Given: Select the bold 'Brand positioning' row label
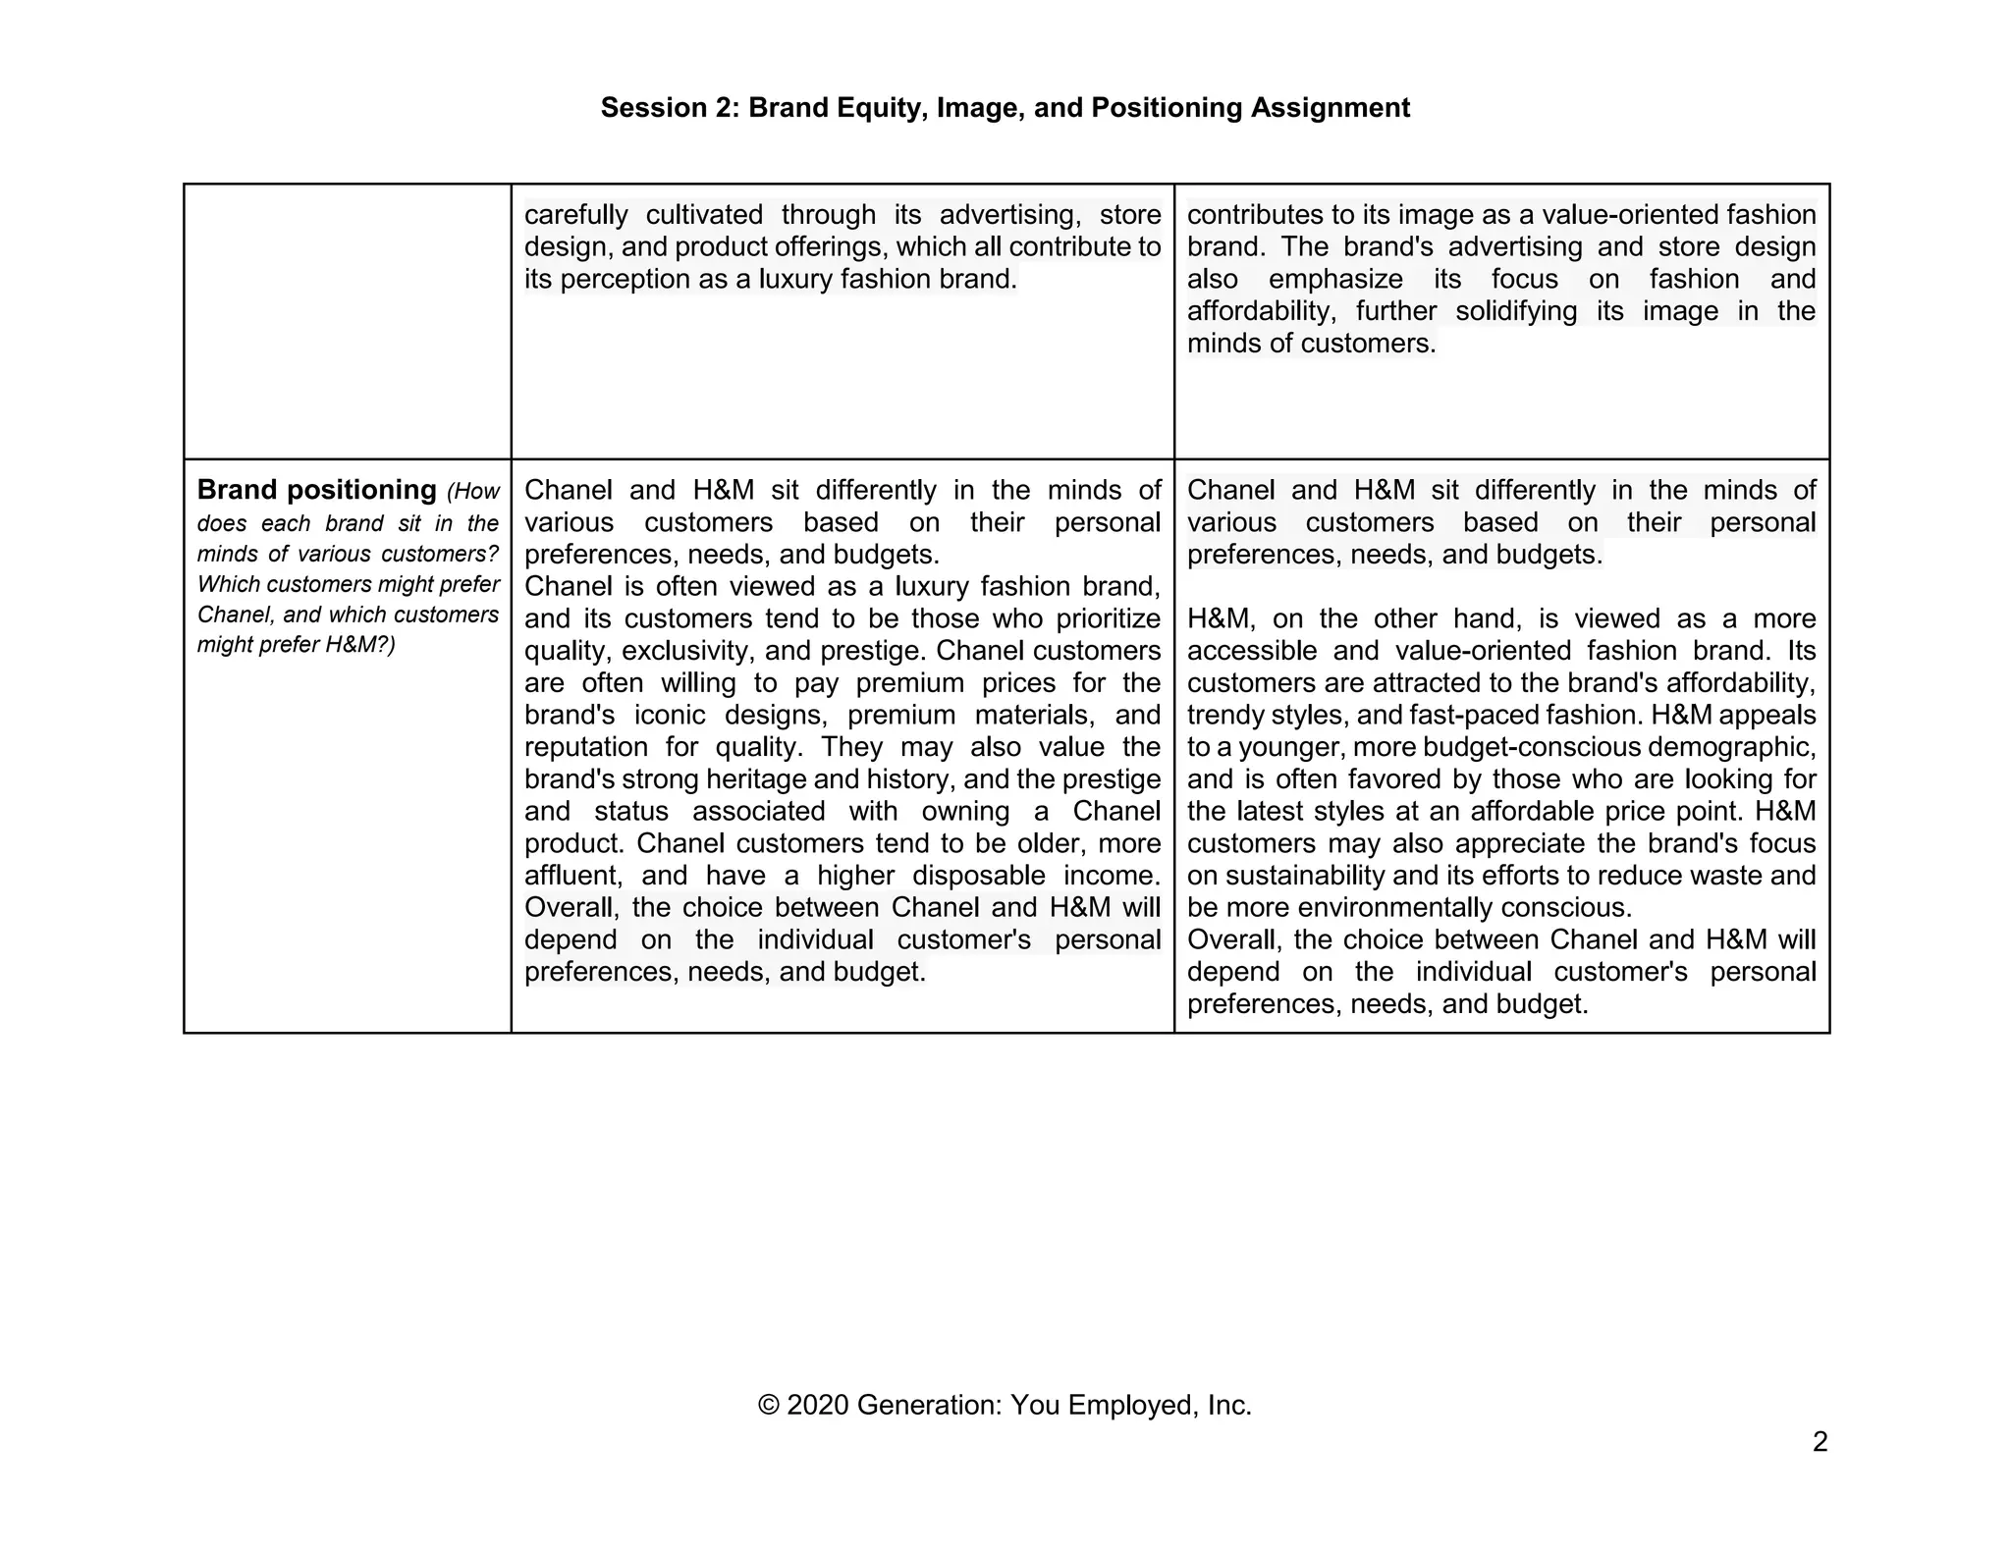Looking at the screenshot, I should point(316,490).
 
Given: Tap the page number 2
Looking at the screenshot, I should point(1820,1442).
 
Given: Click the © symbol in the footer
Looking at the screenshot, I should point(768,1406).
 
